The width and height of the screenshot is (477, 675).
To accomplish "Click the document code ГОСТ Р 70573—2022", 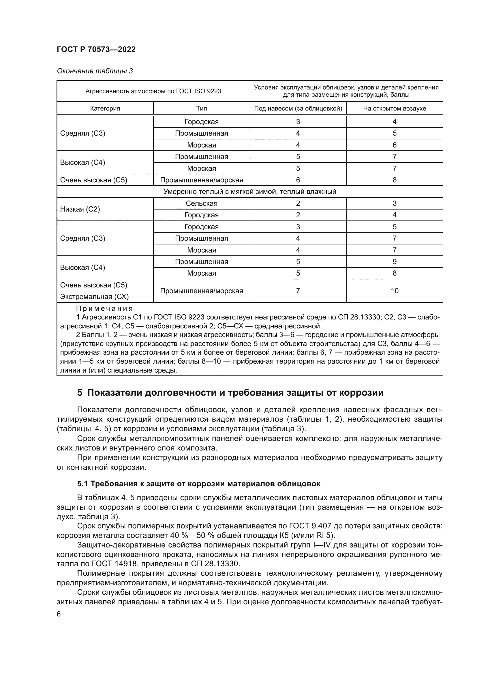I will [96, 49].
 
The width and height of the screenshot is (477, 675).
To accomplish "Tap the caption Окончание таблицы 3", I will [95, 71].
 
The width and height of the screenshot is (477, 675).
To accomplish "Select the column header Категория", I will [105, 109].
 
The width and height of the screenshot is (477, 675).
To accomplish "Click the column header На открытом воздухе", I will [394, 109].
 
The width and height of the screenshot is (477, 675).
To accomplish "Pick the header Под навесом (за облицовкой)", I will [298, 109].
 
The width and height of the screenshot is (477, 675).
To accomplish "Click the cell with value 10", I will [395, 291].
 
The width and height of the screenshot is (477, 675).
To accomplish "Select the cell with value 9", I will [395, 262].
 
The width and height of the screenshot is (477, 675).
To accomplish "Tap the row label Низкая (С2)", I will [80, 209].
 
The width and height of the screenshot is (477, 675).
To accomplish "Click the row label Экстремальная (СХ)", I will [94, 297].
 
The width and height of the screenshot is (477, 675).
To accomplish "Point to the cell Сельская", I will [202, 203].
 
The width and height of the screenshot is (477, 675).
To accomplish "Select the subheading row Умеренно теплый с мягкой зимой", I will [249, 192].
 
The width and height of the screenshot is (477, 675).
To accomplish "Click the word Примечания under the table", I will [104, 308].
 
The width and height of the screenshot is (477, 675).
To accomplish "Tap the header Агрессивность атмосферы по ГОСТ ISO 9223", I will [153, 91].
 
